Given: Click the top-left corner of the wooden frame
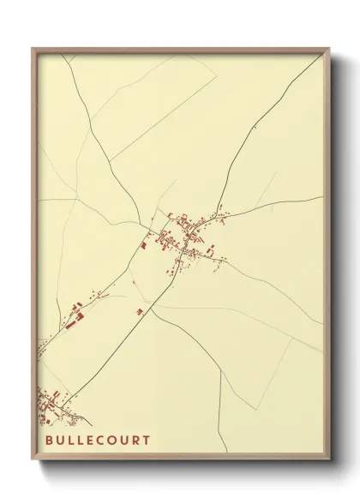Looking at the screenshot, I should [x=33, y=49].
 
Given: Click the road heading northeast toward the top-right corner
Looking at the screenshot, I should [x=257, y=129].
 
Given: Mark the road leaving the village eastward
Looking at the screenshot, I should [x=274, y=206].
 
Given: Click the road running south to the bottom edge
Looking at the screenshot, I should [x=220, y=411].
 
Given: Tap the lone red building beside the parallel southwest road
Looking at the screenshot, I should [x=139, y=311].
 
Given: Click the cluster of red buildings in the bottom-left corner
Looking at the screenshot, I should [x=53, y=405].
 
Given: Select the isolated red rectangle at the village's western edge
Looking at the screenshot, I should [x=144, y=244].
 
